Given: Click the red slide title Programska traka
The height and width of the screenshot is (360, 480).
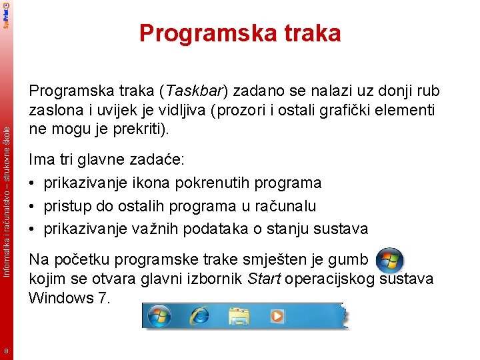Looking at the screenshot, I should (240, 33).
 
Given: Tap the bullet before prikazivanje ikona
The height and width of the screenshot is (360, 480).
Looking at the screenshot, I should (33, 183).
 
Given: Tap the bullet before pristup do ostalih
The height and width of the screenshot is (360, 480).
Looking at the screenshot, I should (33, 206).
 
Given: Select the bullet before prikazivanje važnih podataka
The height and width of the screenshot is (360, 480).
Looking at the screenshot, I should (33, 229).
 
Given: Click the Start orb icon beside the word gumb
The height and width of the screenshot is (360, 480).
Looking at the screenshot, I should (389, 260).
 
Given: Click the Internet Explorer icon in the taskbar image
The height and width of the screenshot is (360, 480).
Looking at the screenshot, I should (199, 316).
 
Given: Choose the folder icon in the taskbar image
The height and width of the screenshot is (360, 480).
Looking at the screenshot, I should (238, 316).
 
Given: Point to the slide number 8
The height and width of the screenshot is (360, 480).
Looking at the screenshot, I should (6, 351).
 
